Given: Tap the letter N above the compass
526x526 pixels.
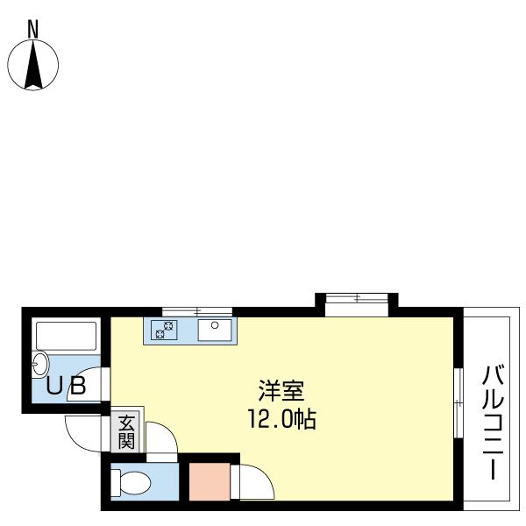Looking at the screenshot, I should (32, 28).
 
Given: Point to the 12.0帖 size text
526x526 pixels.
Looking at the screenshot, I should (281, 419).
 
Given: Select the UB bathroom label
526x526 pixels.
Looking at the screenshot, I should (66, 387).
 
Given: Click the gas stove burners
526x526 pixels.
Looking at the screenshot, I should (164, 330).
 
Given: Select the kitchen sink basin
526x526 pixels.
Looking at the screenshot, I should (214, 330).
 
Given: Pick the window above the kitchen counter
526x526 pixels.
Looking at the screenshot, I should (197, 311).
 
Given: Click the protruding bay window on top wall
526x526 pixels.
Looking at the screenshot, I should (357, 300).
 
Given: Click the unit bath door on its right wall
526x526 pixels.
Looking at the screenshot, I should (105, 383).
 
